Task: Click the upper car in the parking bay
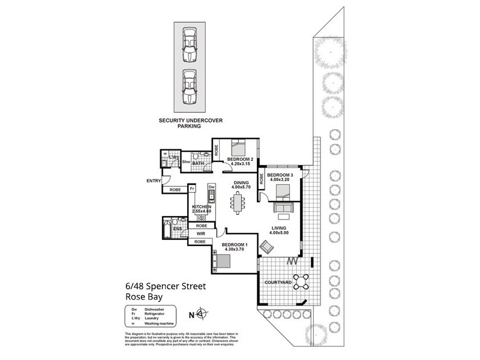[x=190, y=44]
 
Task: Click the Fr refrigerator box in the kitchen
[x=193, y=188]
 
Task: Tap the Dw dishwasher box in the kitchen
[x=211, y=187]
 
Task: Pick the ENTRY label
[x=154, y=181]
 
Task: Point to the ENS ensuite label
[x=178, y=229]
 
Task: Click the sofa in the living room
[x=282, y=208]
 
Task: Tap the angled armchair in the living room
[x=266, y=246]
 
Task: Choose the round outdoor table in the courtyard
[x=302, y=280]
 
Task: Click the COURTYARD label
[x=277, y=282]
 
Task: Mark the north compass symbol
[x=203, y=313]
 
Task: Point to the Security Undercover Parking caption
[x=190, y=123]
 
